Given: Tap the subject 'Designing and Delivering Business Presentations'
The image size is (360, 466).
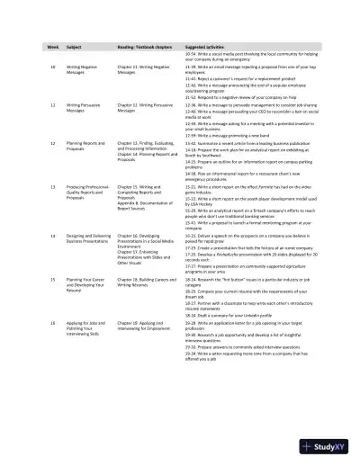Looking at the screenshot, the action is point(91,237).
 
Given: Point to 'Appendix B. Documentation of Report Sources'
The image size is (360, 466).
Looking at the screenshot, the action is point(143,206).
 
